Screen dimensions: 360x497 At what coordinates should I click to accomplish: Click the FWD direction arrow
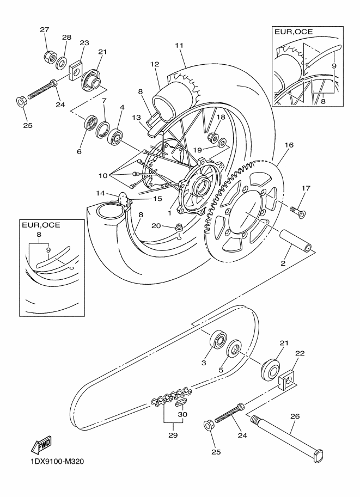41,445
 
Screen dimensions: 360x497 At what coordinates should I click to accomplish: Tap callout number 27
45,30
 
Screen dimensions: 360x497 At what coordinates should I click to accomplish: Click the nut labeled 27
50,56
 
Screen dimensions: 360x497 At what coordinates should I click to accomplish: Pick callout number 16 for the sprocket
289,145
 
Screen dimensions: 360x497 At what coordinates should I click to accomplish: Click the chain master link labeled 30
182,402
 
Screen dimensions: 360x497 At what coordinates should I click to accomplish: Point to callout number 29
173,435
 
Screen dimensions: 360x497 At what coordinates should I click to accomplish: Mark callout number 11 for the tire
179,45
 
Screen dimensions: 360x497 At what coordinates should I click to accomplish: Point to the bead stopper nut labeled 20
180,229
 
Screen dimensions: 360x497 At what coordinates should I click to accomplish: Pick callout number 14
100,193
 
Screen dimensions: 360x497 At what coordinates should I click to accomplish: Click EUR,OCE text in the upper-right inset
294,32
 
